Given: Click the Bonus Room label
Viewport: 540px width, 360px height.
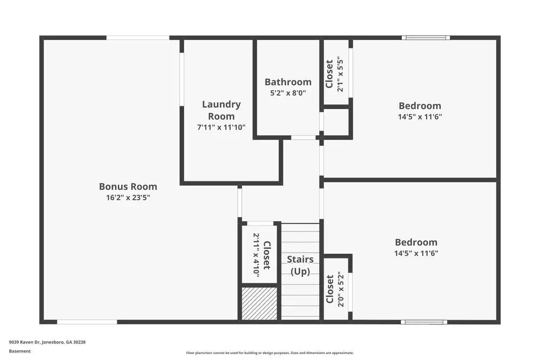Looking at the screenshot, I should [128, 187].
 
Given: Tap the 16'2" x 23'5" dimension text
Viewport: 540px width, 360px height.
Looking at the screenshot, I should [128, 198].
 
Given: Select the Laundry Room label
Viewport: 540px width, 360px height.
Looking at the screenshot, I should [221, 110].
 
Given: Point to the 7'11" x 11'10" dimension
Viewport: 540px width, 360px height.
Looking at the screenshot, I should [221, 127].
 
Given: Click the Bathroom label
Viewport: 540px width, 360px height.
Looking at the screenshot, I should [288, 82].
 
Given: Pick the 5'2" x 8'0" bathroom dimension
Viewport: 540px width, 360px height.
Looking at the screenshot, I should [288, 93].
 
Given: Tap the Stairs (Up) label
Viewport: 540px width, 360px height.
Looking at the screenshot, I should [300, 265].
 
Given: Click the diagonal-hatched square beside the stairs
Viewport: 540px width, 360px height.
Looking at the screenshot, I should [259, 303].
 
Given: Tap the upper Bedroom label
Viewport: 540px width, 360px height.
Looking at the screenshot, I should [420, 106].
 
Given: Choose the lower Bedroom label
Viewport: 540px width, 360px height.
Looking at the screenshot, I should [416, 242].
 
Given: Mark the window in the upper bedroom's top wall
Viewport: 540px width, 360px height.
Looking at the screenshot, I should [426, 38].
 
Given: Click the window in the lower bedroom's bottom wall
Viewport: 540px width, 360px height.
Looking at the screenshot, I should [424, 322].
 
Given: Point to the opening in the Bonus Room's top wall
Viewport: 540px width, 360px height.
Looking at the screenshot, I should [138, 38].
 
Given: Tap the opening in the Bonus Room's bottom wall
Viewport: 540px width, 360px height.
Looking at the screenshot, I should [87, 322].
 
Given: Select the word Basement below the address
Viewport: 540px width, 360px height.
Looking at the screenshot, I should [20, 351].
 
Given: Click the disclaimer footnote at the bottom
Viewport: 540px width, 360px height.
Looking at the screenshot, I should [270, 353].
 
